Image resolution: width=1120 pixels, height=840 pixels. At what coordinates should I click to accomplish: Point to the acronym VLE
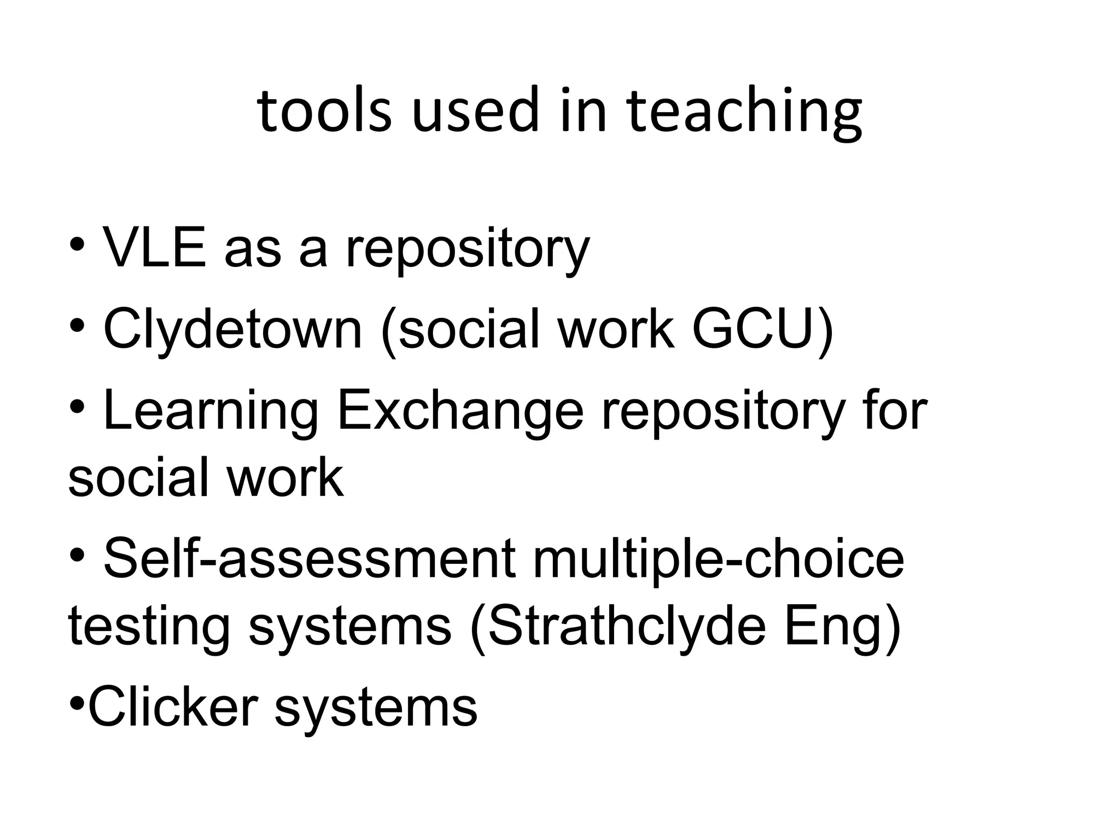pyautogui.click(x=155, y=248)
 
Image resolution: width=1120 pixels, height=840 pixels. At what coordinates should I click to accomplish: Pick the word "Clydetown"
pyautogui.click(x=232, y=329)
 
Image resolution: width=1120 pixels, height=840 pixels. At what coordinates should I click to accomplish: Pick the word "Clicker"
pyautogui.click(x=173, y=707)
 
